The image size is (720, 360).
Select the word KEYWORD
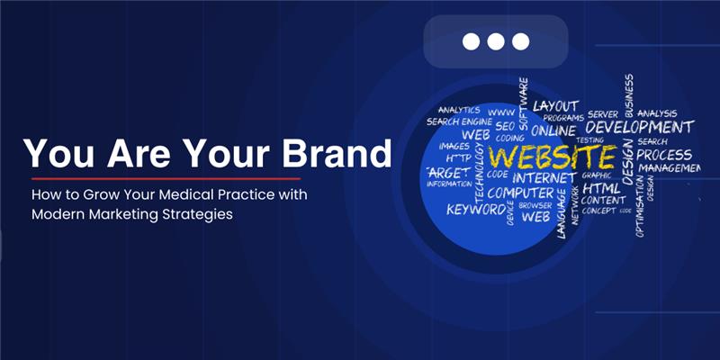tap(476, 209)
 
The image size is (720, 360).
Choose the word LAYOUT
tap(555, 106)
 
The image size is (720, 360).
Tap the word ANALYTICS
tap(458, 110)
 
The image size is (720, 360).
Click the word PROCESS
tap(664, 155)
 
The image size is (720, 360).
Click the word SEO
tap(504, 127)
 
